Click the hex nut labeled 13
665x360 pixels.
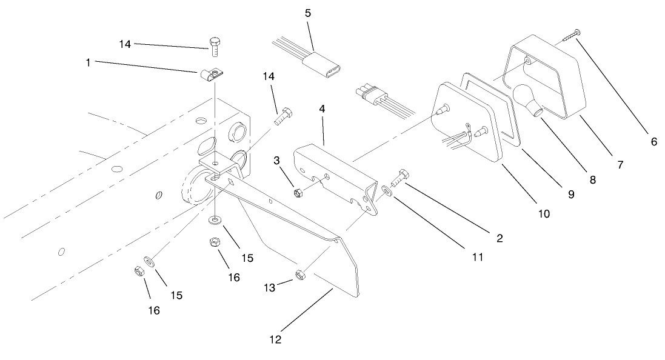coord(299,276)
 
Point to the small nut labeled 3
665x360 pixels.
coord(298,194)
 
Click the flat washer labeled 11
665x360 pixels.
coord(387,192)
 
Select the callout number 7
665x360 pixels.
coord(620,164)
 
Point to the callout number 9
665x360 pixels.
coord(570,195)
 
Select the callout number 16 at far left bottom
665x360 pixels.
coord(154,310)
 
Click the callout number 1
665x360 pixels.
coord(88,62)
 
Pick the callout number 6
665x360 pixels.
coord(653,142)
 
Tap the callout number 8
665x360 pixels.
coord(592,180)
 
